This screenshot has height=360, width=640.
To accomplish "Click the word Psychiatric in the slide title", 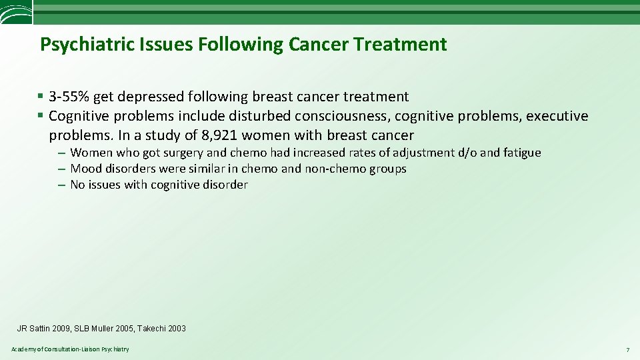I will (x=83, y=45).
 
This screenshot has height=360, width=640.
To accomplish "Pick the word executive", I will (x=557, y=117).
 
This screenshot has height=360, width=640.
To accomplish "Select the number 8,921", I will (x=219, y=135).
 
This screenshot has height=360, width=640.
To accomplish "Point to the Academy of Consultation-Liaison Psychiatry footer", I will (x=70, y=349).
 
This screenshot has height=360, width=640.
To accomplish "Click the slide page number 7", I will (x=627, y=350).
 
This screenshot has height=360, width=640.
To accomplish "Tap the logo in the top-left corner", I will (x=15, y=12).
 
